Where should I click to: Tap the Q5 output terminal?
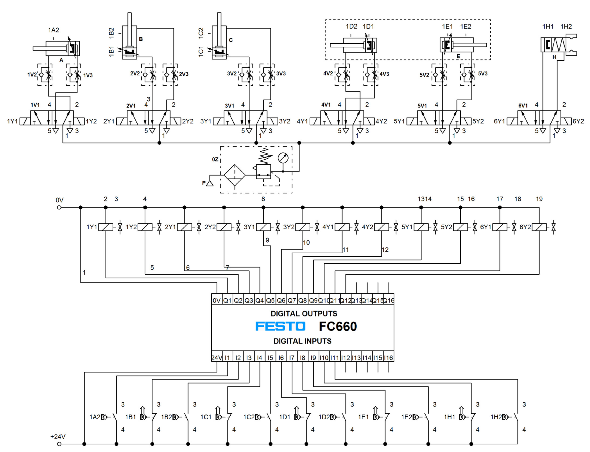pos(270,300)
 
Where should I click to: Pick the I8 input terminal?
pos(303,358)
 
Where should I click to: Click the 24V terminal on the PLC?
pos(217,358)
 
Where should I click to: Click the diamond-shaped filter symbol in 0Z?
pos(235,175)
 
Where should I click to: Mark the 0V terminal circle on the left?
pos(59,207)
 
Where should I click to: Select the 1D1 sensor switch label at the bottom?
pos(285,417)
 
